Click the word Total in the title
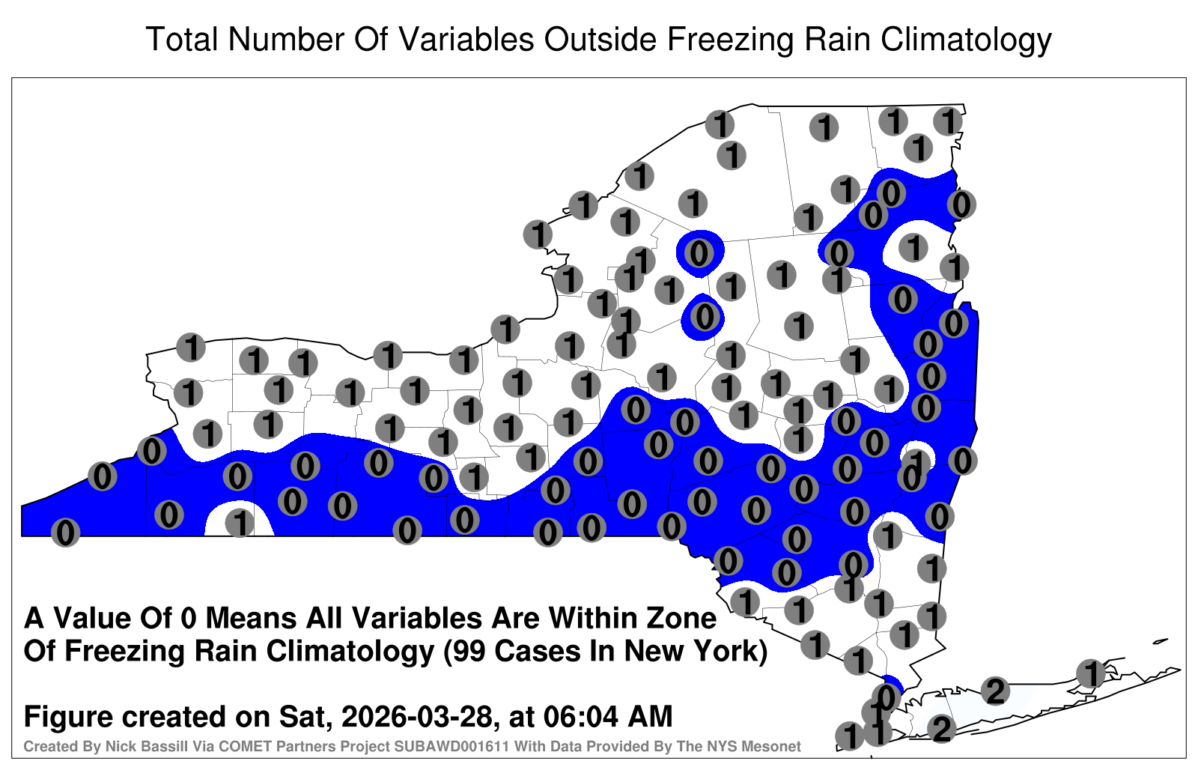(182, 39)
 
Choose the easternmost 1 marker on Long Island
(1090, 673)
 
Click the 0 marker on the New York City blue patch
(885, 697)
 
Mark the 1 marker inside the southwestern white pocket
(240, 523)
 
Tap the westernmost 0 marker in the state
(65, 533)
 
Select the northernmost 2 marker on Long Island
(995, 691)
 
